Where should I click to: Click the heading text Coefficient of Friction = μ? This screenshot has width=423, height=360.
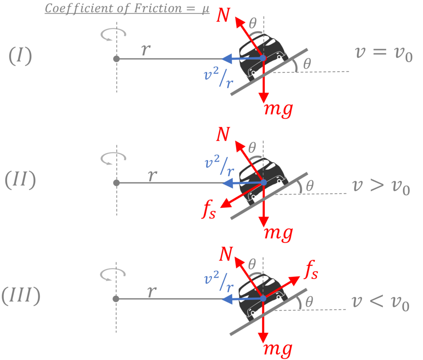127,9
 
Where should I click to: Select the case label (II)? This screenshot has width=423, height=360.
20,181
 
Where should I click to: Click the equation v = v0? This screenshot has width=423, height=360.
383,54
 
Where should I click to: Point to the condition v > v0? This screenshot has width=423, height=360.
380,187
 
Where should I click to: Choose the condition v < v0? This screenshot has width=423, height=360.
380,303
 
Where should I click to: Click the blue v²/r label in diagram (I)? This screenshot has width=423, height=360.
218,78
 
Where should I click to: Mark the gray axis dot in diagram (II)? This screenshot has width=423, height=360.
116,183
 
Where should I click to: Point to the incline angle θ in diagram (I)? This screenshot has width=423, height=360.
307,64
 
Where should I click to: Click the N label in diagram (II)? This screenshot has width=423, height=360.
223,135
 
